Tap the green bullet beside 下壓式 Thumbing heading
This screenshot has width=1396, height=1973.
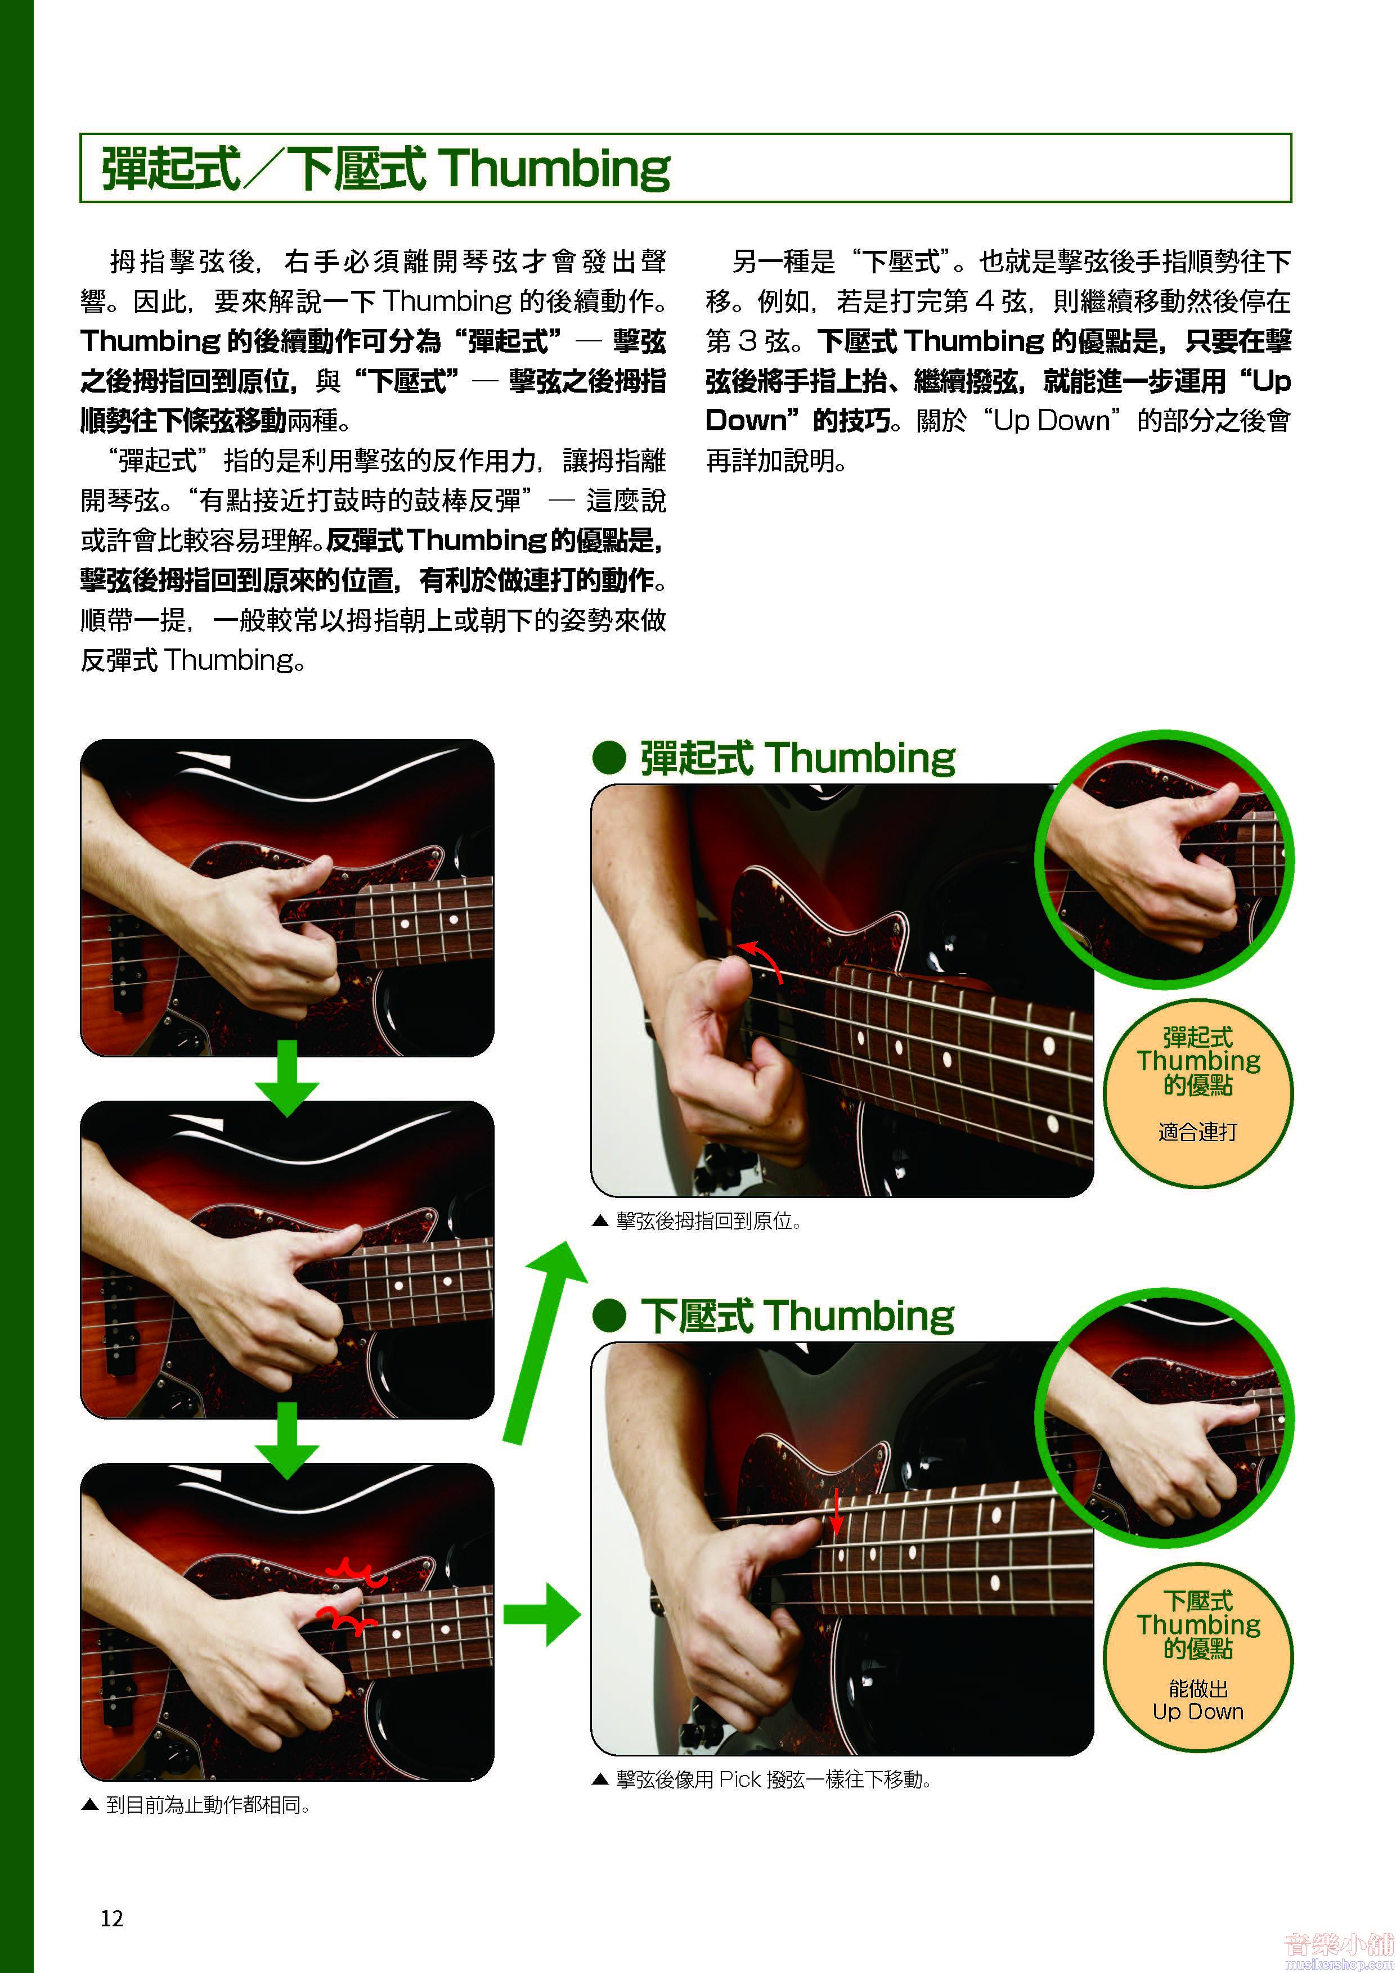tap(609, 1316)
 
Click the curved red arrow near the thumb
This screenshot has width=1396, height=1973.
tap(764, 958)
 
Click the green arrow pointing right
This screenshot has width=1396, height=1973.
tap(541, 1615)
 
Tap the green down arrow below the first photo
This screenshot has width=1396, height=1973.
tap(287, 1078)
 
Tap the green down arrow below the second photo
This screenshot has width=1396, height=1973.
tap(287, 1439)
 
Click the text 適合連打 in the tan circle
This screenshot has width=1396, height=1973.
tap(1197, 1132)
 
